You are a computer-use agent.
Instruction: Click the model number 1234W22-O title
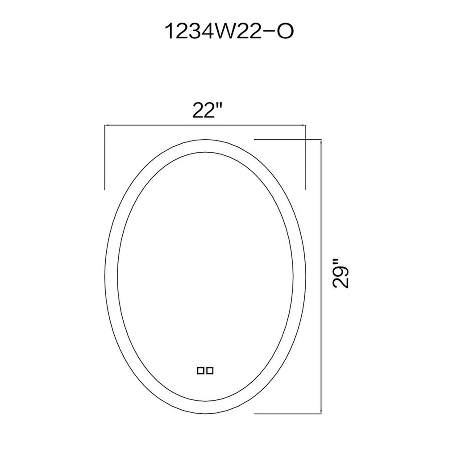click(x=229, y=31)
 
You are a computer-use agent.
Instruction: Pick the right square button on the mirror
click(x=210, y=371)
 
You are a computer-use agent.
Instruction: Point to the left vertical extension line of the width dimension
click(x=104, y=158)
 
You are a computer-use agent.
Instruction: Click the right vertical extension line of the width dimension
click(x=305, y=158)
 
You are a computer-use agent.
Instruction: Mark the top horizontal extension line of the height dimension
click(x=288, y=140)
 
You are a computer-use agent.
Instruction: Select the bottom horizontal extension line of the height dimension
click(x=288, y=413)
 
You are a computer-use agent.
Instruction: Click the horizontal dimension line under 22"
click(x=205, y=125)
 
